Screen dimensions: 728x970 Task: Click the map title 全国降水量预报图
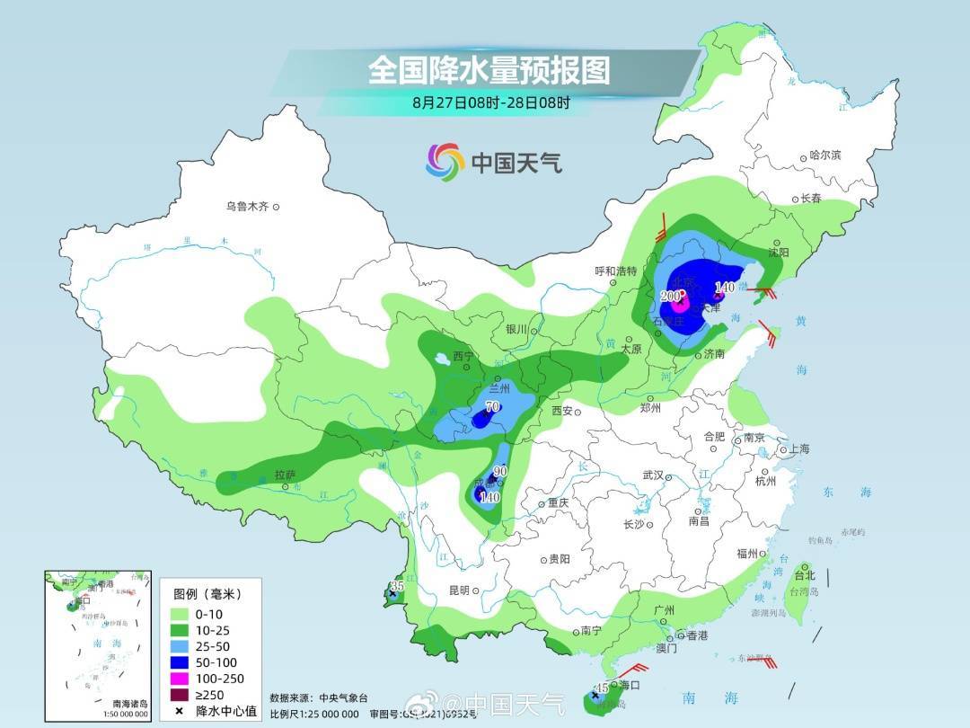coord(489,70)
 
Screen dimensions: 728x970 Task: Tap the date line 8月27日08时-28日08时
coord(490,102)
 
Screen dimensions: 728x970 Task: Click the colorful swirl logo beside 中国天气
coord(445,162)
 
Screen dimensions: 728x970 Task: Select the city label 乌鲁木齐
coord(247,207)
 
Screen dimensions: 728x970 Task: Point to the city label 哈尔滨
coord(824,155)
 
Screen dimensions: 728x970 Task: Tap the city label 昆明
coord(458,590)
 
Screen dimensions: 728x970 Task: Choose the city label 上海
coord(798,449)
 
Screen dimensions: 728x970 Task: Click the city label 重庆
coord(558,503)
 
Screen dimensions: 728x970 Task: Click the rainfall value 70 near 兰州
coord(491,407)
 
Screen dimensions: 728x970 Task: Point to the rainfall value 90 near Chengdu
coord(500,472)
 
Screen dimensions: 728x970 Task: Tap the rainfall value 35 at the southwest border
coord(394,587)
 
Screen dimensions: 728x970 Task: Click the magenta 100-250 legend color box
coord(181,678)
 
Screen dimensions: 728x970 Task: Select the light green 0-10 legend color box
coord(181,613)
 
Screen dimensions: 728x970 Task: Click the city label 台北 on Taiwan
coord(805,575)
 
